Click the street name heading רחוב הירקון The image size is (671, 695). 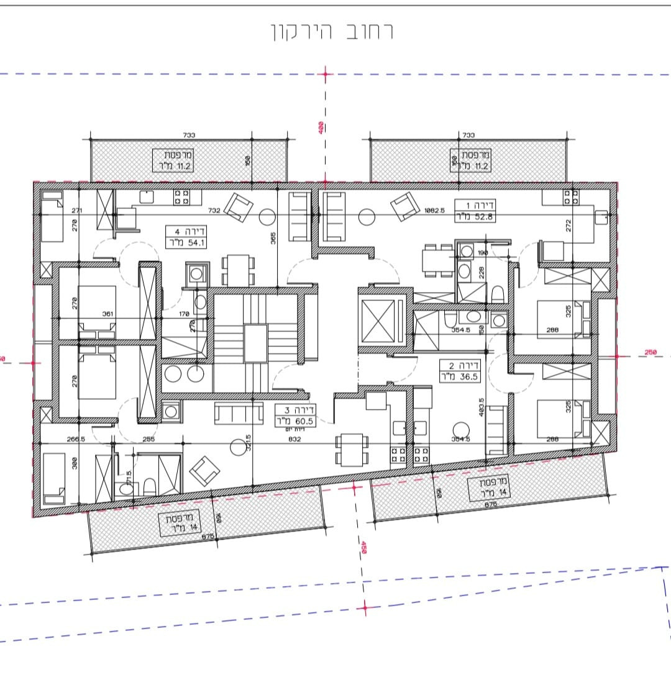[331, 31]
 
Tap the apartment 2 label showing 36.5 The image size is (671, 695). [459, 371]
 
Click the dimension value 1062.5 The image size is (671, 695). [434, 211]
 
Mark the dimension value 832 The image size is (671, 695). [294, 439]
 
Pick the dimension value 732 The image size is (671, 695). [214, 211]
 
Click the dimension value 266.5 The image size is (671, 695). [76, 439]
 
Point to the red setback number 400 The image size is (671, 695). [320, 127]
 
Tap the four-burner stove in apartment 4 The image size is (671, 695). [181, 197]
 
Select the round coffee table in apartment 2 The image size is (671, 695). [460, 429]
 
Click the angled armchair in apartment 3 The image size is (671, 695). [204, 471]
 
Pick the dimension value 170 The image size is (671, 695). [183, 314]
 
